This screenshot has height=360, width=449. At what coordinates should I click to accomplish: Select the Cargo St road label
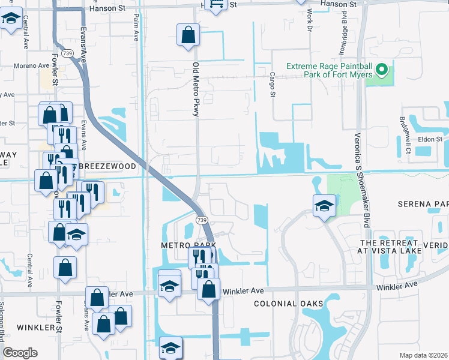coord(272,85)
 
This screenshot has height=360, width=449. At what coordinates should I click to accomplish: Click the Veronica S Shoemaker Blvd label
coord(360,179)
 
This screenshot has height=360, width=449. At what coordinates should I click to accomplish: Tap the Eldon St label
coord(430,139)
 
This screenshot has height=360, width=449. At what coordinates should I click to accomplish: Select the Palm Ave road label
coord(136,27)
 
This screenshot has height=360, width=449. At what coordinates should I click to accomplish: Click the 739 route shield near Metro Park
coord(202,220)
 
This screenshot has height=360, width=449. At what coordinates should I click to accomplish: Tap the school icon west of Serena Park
coord(324,206)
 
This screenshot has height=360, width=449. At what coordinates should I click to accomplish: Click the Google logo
coord(20,353)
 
